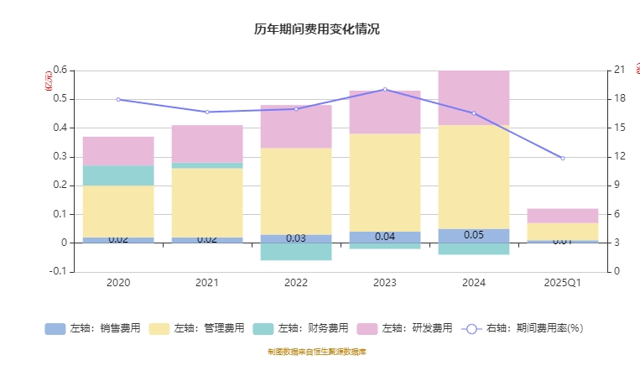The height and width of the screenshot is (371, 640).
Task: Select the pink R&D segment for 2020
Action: click(118, 151)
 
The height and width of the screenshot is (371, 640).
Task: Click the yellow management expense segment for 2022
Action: click(296, 191)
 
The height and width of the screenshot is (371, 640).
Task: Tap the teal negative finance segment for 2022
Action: click(296, 252)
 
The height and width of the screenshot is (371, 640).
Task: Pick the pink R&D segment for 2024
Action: click(474, 97)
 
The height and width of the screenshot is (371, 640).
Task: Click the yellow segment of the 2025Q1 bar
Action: click(563, 232)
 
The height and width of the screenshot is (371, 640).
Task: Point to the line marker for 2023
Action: click(385, 89)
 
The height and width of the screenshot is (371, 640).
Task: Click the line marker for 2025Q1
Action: click(563, 158)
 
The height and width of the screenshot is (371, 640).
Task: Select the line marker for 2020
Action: click(118, 99)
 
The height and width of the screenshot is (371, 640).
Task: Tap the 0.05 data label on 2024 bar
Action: click(474, 235)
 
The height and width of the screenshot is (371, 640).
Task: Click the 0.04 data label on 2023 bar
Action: click(385, 237)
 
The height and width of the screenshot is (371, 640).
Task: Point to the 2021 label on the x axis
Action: click(207, 283)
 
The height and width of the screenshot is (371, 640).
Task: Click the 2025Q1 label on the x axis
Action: click(563, 283)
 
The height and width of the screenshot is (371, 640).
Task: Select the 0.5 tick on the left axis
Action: click(60, 99)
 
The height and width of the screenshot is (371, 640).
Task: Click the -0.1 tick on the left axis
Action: click(58, 271)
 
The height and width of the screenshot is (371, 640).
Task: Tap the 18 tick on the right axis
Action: click(620, 99)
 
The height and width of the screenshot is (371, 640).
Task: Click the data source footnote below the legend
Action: click(317, 352)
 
